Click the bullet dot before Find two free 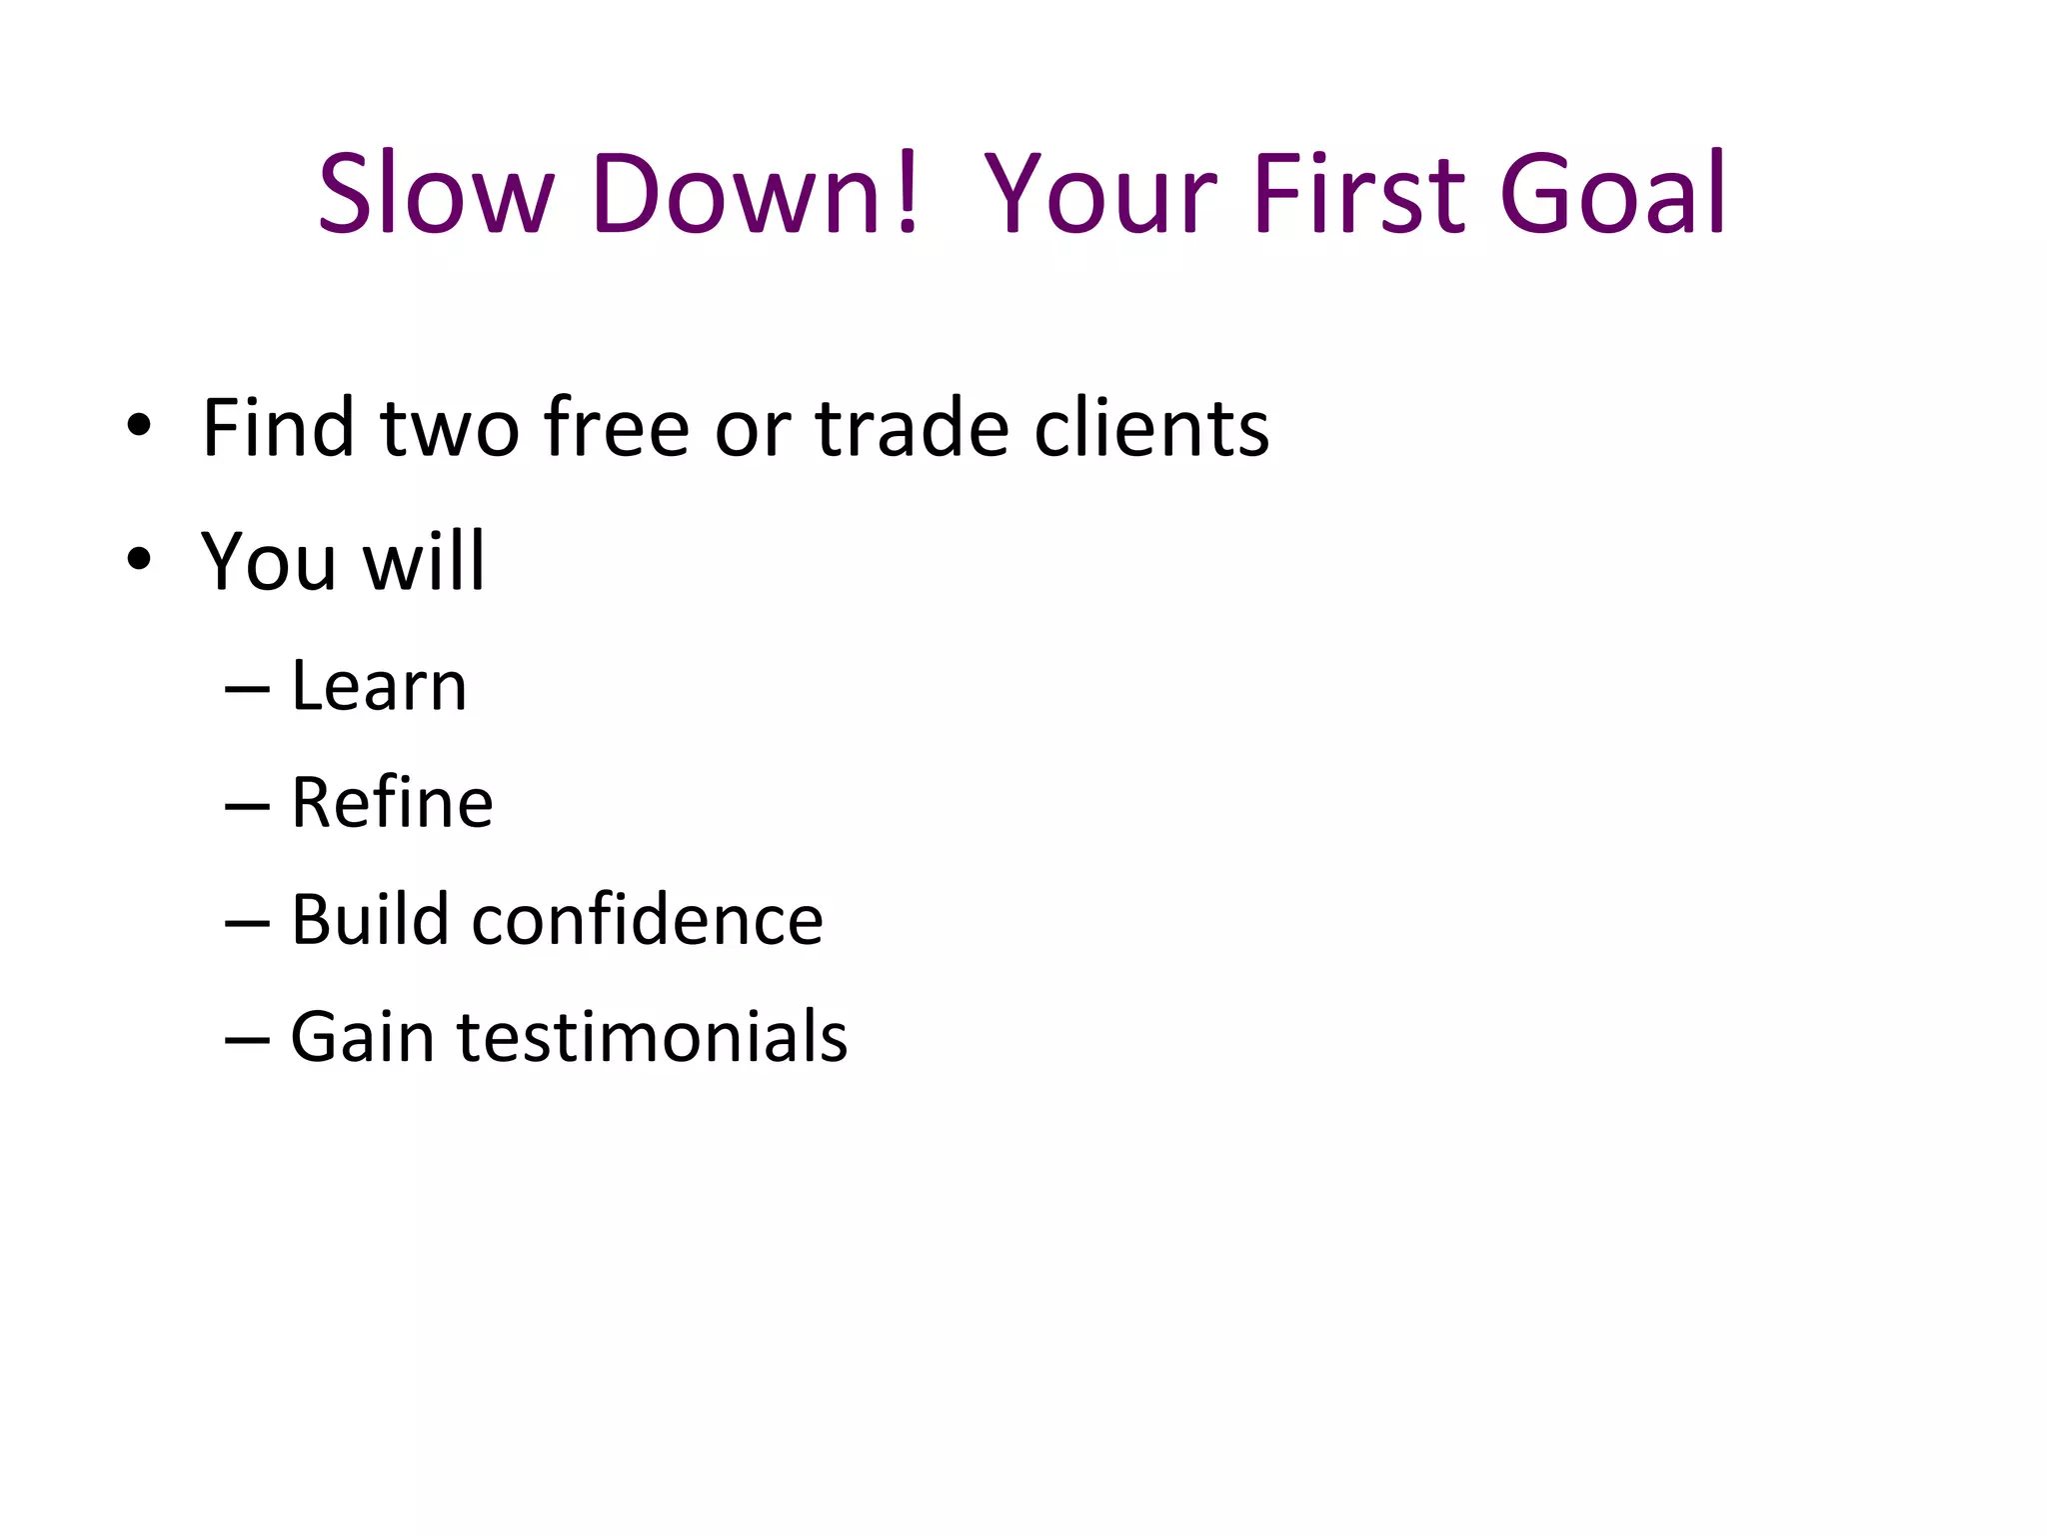pos(139,427)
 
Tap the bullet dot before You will pos(139,560)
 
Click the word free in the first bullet pos(617,428)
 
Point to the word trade pos(913,428)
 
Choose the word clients pos(1151,428)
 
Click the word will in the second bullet pos(424,561)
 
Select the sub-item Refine pos(392,803)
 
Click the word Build pos(370,919)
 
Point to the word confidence pos(648,919)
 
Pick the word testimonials pos(653,1036)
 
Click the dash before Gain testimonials pos(247,1040)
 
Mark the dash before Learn pos(247,690)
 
